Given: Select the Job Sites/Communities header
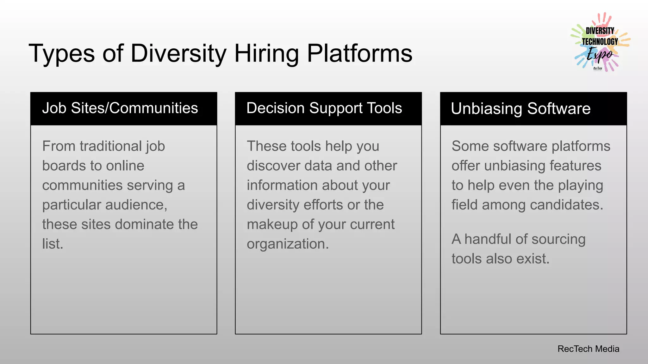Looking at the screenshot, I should click(120, 108).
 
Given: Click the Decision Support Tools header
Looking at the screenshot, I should click(324, 108).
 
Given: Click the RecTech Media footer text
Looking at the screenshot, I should click(588, 349).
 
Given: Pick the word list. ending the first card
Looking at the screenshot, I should click(53, 244).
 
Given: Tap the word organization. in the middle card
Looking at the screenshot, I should click(288, 244).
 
